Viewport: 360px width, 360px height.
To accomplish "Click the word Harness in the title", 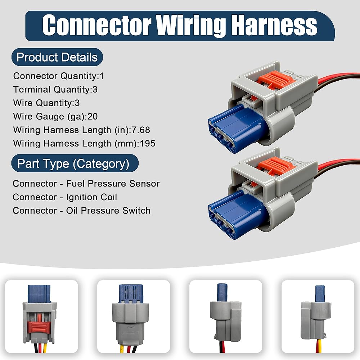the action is pyautogui.click(x=274, y=25).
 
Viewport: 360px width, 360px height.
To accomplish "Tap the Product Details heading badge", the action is pyautogui.click(x=57, y=57).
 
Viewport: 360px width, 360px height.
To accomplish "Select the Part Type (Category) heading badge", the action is pyautogui.click(x=75, y=163).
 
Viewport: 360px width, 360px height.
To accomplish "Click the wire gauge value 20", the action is pyautogui.click(x=93, y=116).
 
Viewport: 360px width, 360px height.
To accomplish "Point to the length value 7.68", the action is pyautogui.click(x=140, y=130).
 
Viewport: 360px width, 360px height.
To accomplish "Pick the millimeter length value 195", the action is pyautogui.click(x=147, y=144).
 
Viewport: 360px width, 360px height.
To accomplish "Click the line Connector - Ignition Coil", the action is pyautogui.click(x=65, y=197).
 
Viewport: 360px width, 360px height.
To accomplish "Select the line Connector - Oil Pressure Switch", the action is pyautogui.click(x=81, y=211).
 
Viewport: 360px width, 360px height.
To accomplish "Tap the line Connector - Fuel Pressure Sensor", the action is pyautogui.click(x=86, y=184).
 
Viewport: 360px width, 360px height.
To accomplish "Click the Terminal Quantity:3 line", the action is pyautogui.click(x=55, y=90).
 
